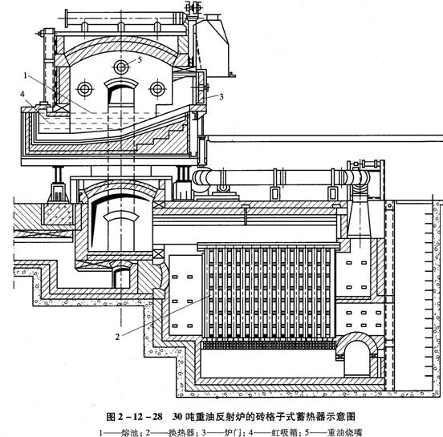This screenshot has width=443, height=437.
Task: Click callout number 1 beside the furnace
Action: [26, 75]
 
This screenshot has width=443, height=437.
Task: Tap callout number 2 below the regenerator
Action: [117, 337]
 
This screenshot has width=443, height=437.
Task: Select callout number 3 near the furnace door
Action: [221, 96]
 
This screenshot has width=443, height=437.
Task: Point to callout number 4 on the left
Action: [22, 94]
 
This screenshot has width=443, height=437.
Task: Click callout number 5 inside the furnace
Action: [140, 60]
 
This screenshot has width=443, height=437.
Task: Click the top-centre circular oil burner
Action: [121, 67]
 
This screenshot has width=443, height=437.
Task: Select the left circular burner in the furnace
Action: [85, 89]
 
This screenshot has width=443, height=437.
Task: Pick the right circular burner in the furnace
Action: [157, 89]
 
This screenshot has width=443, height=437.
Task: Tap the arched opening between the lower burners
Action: [121, 81]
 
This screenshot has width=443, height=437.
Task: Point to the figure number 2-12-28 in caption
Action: [140, 417]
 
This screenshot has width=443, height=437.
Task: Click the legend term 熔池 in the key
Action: [128, 432]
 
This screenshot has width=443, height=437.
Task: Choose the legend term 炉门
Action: [231, 432]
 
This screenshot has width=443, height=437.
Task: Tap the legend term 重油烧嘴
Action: [344, 432]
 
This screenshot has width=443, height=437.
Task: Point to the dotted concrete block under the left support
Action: [58, 214]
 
